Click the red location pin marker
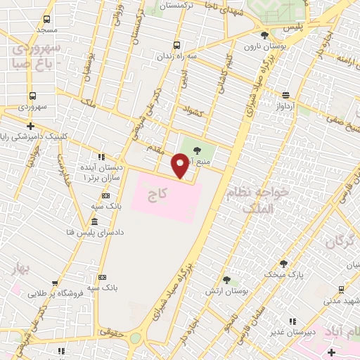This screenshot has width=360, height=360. point(181,165)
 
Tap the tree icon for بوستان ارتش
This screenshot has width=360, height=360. point(226,279)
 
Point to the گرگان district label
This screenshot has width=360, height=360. point(340,242)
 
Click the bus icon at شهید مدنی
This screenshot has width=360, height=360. point(341,289)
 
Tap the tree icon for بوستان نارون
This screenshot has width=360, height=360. point(264,35)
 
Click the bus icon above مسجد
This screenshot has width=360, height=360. point(46,20)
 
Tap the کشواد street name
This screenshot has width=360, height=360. point(192,110)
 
